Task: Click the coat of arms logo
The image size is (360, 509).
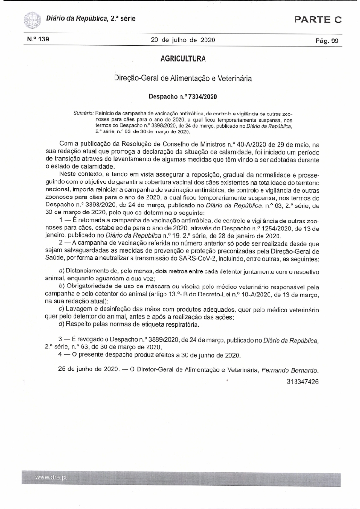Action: [31, 20]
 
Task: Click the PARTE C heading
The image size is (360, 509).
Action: [318, 19]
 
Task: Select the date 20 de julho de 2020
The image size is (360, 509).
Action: [183, 40]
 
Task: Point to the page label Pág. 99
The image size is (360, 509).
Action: [327, 41]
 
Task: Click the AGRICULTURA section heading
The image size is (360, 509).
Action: [183, 59]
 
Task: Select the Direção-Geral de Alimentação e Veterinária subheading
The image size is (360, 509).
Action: [183, 78]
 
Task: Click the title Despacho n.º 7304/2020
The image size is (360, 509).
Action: [183, 96]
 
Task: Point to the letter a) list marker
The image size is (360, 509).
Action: [61, 272]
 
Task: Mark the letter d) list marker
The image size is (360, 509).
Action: [61, 324]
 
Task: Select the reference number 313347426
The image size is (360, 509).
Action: [302, 381]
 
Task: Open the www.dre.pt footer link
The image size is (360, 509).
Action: [51, 477]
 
